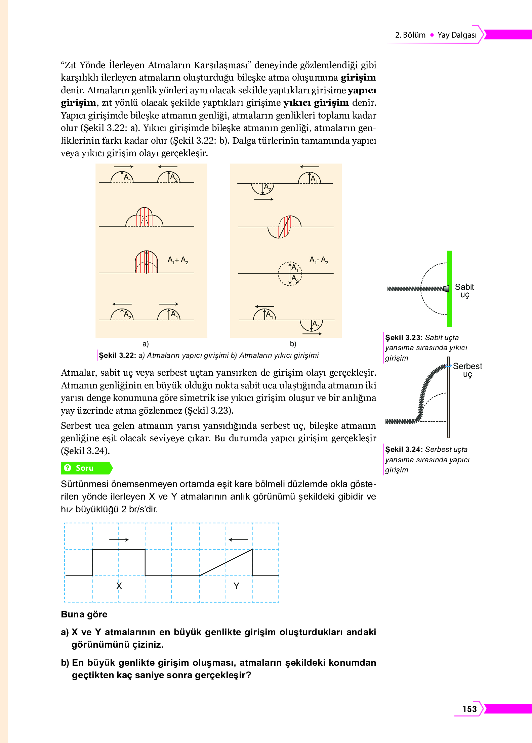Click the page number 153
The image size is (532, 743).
coord(469,709)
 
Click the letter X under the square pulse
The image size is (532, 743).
coord(119,586)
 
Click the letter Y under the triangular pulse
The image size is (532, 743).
coord(236,586)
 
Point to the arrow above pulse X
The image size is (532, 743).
coord(119,540)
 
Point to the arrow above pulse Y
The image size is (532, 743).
coord(238,540)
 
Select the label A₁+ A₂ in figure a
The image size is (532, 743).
coord(178,260)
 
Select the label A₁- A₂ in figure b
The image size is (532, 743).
coord(318,260)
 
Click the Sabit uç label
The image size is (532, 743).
coord(464,291)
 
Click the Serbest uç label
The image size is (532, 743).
coord(467,370)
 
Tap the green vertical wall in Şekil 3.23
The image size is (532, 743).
coord(449,289)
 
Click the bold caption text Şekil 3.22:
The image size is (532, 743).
coord(117,355)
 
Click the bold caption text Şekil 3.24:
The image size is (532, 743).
coord(404,449)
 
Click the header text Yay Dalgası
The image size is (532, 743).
coord(457,35)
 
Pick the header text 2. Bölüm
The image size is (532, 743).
coord(410,35)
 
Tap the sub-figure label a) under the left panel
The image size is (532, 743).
coord(146,343)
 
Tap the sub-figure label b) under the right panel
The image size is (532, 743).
coord(293,343)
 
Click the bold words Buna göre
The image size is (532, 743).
coord(84,614)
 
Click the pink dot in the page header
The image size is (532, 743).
coord(432,35)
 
